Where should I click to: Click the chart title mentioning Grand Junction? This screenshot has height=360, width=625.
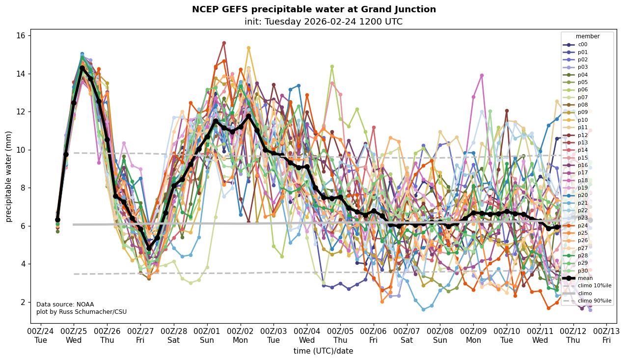[x=314, y=9]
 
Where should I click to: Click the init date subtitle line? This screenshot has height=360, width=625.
[x=323, y=22]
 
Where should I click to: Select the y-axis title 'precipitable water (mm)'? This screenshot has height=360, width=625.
[x=9, y=176]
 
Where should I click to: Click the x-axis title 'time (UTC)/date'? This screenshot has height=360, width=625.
[x=323, y=351]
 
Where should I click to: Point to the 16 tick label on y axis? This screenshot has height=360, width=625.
[x=22, y=36]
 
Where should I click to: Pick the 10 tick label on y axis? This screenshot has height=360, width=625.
[x=22, y=150]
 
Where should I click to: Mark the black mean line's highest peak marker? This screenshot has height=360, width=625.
[x=82, y=68]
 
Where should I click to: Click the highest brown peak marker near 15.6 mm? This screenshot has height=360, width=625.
[x=224, y=43]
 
